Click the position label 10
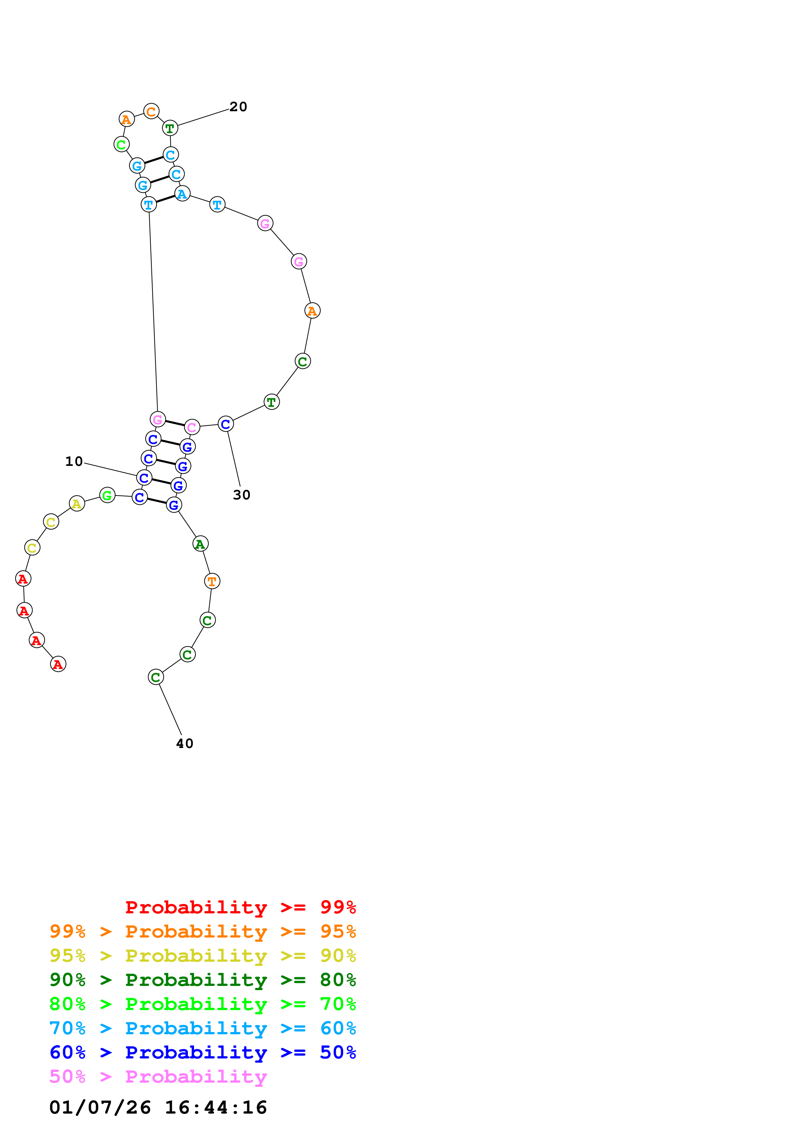click(x=74, y=462)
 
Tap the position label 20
click(x=238, y=107)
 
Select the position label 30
click(x=241, y=495)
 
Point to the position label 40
click(x=185, y=743)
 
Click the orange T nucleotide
click(x=212, y=581)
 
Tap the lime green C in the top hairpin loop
click(x=121, y=144)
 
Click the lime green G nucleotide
click(x=107, y=495)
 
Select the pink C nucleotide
click(x=192, y=427)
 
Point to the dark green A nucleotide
click(x=200, y=544)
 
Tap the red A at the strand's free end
click(x=58, y=664)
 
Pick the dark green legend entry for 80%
click(x=202, y=980)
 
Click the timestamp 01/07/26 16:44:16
click(x=158, y=1107)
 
